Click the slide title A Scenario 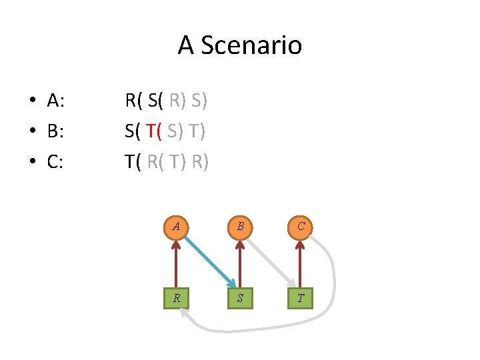(240, 45)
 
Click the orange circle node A (176, 227)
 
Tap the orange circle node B (239, 227)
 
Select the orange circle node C (301, 227)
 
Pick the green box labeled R (176, 297)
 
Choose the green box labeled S (239, 297)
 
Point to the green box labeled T (301, 297)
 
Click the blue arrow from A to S (208, 259)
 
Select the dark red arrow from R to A (176, 262)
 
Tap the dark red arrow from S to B (239, 262)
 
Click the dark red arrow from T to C (301, 262)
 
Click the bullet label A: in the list (55, 101)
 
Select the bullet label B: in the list (55, 131)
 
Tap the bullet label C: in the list (55, 161)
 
